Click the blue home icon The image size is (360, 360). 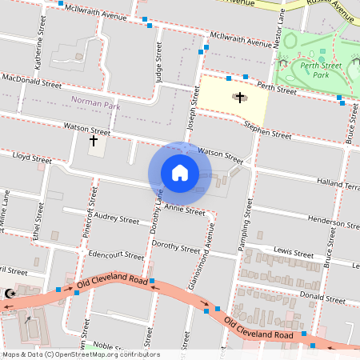click(180, 172)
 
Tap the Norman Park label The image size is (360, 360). click(96, 101)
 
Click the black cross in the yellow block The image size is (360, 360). click(239, 97)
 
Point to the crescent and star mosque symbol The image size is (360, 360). click(10, 294)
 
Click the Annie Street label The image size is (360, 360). click(185, 210)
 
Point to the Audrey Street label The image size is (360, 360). click(116, 218)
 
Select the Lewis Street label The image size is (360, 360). click(293, 251)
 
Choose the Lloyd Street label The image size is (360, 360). click(30, 160)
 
